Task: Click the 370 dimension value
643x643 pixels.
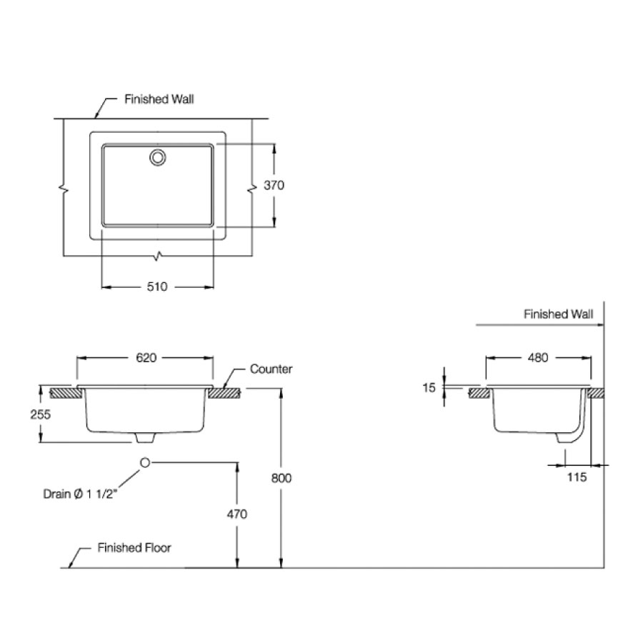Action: point(274,185)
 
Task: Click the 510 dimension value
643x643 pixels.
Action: point(157,286)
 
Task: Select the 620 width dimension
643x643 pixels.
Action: point(145,357)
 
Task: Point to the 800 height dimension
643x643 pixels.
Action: point(282,478)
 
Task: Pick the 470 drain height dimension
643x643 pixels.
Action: point(237,514)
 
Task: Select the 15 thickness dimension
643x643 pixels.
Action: point(428,387)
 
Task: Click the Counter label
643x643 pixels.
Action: point(271,369)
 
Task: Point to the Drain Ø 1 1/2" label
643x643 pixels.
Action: point(78,493)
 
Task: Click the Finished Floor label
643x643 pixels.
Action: point(134,548)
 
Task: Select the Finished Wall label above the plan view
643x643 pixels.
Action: point(159,99)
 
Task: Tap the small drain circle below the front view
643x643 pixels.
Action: point(145,463)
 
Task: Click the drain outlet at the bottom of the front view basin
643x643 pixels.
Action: point(145,437)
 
